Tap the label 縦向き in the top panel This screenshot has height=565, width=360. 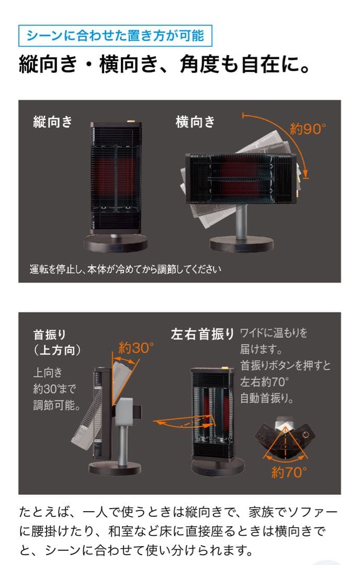(x=52, y=122)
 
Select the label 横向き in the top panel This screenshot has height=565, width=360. (x=195, y=122)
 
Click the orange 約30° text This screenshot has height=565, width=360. (x=136, y=347)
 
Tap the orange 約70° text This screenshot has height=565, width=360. (x=288, y=472)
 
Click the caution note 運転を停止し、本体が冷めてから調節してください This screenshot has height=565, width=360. (x=126, y=270)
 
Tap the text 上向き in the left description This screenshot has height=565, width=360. (x=48, y=372)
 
